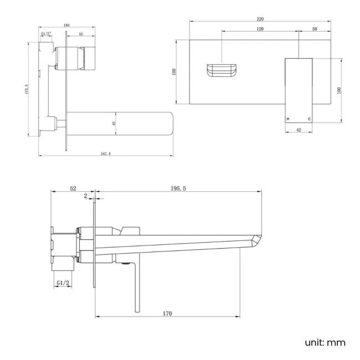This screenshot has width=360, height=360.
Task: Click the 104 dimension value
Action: click(67, 25)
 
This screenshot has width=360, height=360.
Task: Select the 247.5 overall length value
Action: click(105, 153)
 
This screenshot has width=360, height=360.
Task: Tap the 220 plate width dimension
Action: click(260, 19)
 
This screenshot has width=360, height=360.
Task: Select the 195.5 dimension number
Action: click(178, 189)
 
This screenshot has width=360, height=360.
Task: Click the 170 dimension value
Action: click(167, 313)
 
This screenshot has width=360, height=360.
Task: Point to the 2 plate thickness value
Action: click(85, 196)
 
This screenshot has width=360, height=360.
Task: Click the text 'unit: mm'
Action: click(325, 343)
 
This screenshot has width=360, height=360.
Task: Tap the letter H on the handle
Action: click(288, 119)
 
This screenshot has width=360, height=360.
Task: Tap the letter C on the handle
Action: click(309, 119)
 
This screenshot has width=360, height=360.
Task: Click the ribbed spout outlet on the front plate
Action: click(222, 72)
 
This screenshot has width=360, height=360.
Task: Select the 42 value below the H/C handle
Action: click(299, 130)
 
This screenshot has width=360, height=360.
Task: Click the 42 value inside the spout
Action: click(114, 124)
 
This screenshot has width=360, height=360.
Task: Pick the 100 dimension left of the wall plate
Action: click(174, 71)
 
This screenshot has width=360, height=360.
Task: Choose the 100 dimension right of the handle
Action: click(339, 90)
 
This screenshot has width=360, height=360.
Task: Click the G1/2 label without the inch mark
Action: click(63, 283)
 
